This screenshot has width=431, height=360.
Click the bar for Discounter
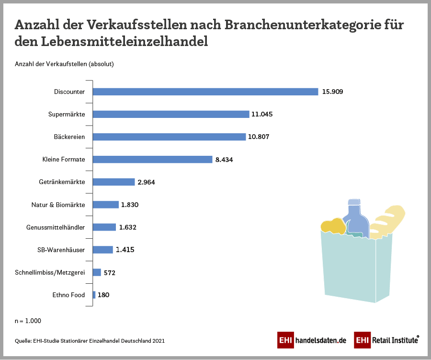(x=205, y=92)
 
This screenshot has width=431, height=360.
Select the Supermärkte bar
(x=171, y=114)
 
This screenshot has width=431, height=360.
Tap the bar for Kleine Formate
(x=152, y=159)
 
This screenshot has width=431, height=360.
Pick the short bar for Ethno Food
(x=94, y=295)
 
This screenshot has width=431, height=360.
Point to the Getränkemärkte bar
(x=113, y=182)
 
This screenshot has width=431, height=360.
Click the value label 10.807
(x=259, y=137)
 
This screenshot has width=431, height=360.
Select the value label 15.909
(x=332, y=92)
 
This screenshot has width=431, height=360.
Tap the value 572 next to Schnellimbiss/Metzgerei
(x=110, y=273)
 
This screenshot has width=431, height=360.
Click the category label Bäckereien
(x=69, y=137)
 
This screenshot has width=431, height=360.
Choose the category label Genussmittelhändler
(x=56, y=227)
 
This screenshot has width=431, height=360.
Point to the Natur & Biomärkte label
(x=58, y=205)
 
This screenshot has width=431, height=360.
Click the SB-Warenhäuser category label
(x=61, y=250)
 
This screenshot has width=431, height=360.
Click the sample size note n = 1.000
(x=28, y=321)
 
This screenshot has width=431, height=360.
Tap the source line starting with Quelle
(x=90, y=341)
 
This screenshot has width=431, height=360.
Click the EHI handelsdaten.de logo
(x=311, y=340)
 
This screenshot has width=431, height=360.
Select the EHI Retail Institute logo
(x=386, y=340)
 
